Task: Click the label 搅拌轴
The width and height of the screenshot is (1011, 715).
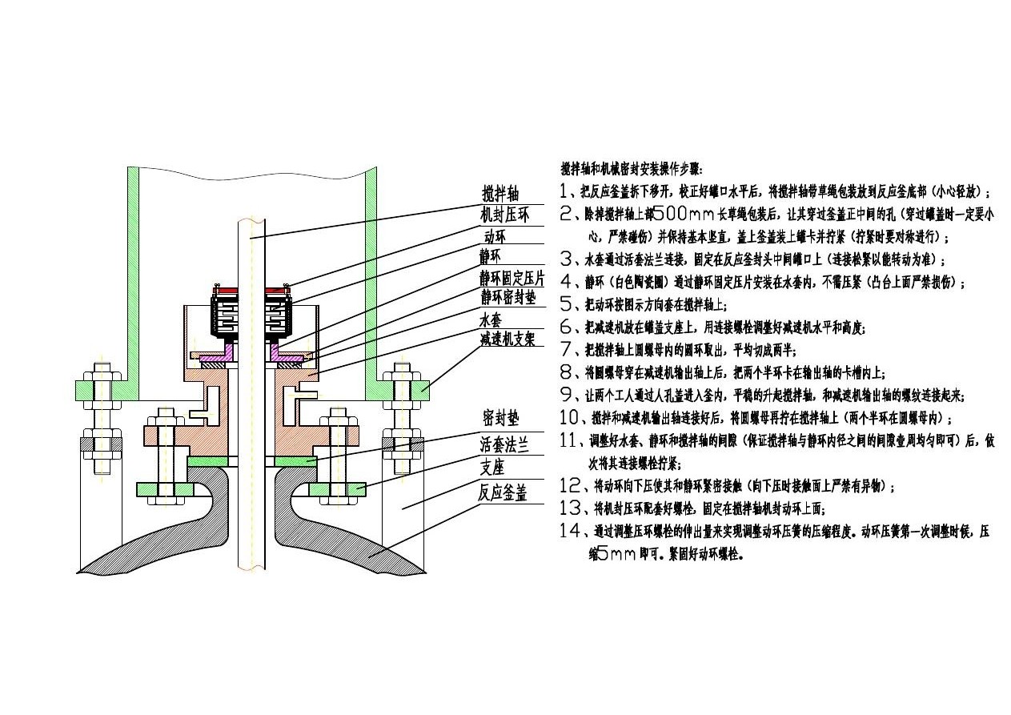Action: [500, 195]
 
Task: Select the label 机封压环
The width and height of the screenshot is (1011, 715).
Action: [504, 215]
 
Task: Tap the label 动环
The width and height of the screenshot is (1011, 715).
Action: [495, 236]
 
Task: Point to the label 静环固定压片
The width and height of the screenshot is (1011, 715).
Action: [512, 278]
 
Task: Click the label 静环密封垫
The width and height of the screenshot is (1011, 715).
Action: [508, 298]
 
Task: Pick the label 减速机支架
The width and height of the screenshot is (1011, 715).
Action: [508, 339]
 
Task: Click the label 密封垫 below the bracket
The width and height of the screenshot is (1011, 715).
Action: [501, 418]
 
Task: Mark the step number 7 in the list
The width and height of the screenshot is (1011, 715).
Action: [568, 349]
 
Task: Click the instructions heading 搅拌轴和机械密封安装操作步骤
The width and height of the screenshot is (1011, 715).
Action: [632, 169]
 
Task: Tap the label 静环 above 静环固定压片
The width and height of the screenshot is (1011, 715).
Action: [490, 257]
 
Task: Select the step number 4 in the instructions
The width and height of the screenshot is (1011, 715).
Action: [568, 282]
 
